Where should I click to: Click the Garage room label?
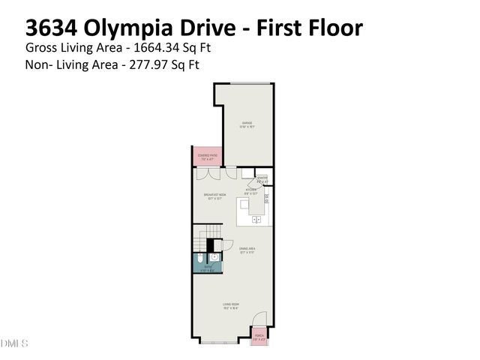pyautogui.click(x=247, y=124)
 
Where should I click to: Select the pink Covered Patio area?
pyautogui.click(x=206, y=157)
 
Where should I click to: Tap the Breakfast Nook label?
pyautogui.click(x=214, y=196)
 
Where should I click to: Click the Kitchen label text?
pyautogui.click(x=250, y=190)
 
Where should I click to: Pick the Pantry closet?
pyautogui.click(x=262, y=179)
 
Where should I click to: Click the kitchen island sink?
pyautogui.click(x=256, y=220)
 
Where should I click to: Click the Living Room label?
pyautogui.click(x=230, y=304)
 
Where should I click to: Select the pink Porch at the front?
pyautogui.click(x=258, y=337)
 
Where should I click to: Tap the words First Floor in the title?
pyautogui.click(x=307, y=28)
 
